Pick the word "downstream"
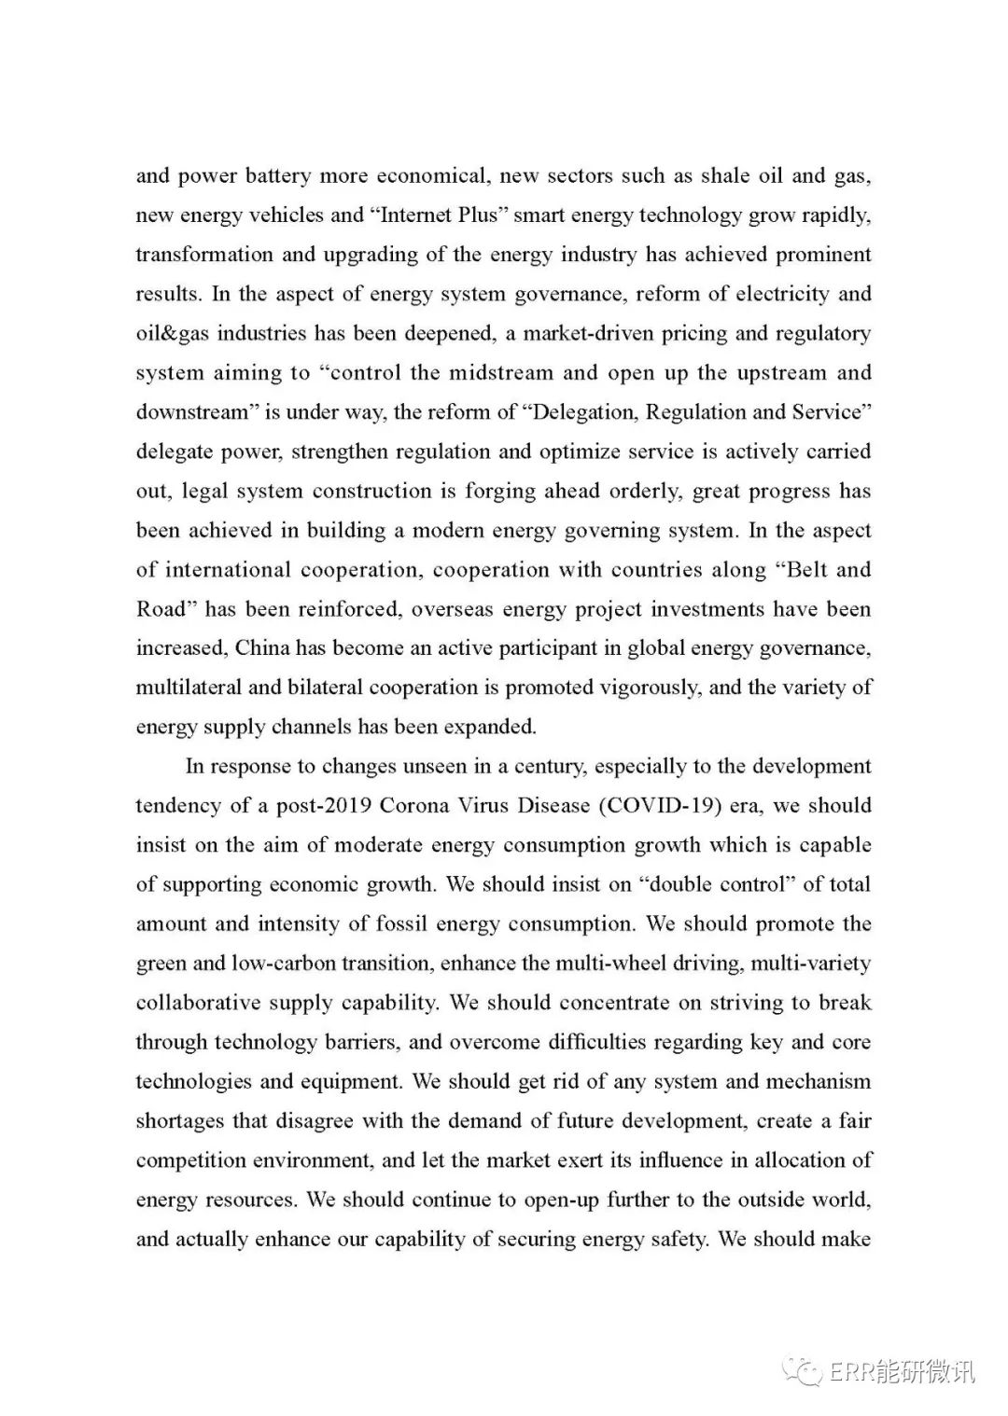click(191, 412)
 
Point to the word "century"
click(537, 766)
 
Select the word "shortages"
click(181, 1120)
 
